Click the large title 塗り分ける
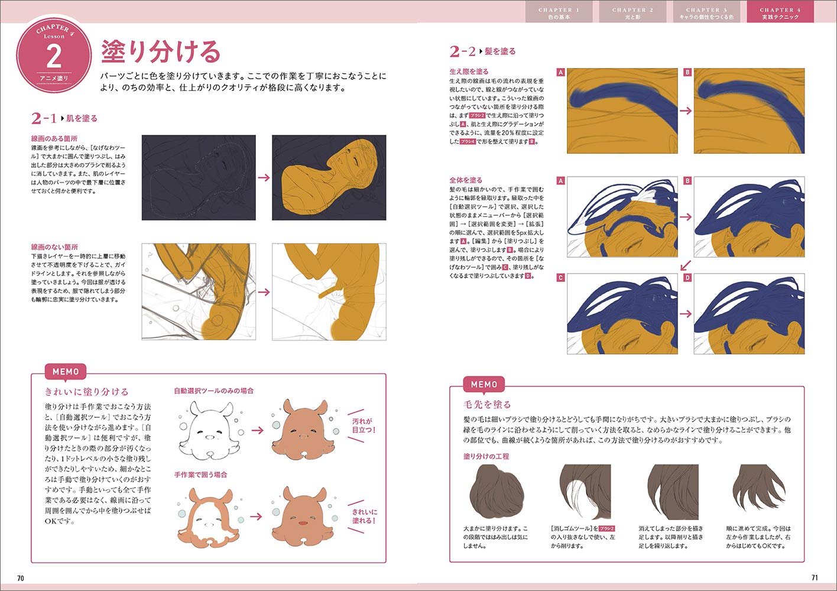point(160,52)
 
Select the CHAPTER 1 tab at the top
point(559,12)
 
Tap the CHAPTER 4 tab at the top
point(780,12)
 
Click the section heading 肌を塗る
point(82,118)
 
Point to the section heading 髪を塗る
point(500,51)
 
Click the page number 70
point(20,577)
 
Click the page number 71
point(814,577)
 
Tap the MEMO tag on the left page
point(66,372)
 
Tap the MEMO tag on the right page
point(484,384)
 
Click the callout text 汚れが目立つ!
point(363,426)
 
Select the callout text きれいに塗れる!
point(364,516)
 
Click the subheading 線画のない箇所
point(54,247)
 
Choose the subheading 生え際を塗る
point(469,72)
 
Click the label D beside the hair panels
point(687,277)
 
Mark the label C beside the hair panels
point(560,277)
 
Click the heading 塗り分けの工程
point(486,456)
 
